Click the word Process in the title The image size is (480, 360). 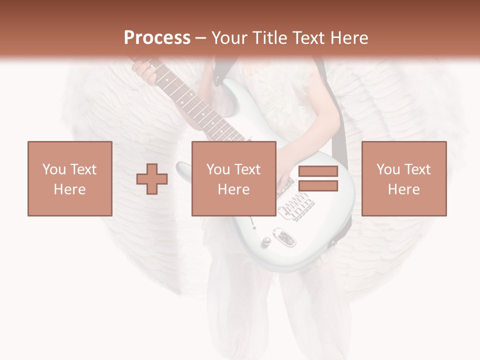point(157,38)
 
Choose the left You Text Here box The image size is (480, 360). point(69,178)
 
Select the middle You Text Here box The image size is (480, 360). point(233,178)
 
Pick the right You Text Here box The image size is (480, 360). point(403,178)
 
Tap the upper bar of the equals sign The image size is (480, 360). point(318,171)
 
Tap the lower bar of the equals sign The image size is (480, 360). point(318,185)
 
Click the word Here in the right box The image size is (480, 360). point(403,189)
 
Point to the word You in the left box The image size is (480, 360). point(53,169)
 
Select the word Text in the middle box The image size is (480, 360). point(247,169)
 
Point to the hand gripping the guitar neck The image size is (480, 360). point(144,70)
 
